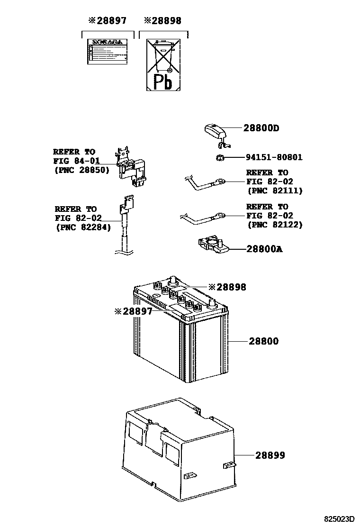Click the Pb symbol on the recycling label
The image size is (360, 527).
(164, 82)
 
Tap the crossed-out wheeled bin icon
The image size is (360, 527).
(163, 57)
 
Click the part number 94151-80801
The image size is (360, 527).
(274, 157)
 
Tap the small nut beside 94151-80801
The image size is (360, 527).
(219, 158)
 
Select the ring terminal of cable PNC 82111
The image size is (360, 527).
(219, 181)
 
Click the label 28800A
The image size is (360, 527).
(264, 249)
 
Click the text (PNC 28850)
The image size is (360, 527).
(81, 170)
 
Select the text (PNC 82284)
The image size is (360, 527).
(83, 227)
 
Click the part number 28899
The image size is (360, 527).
(270, 455)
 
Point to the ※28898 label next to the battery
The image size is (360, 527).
(227, 287)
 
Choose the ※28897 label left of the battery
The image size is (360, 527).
(133, 311)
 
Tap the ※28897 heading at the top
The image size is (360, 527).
(107, 21)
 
